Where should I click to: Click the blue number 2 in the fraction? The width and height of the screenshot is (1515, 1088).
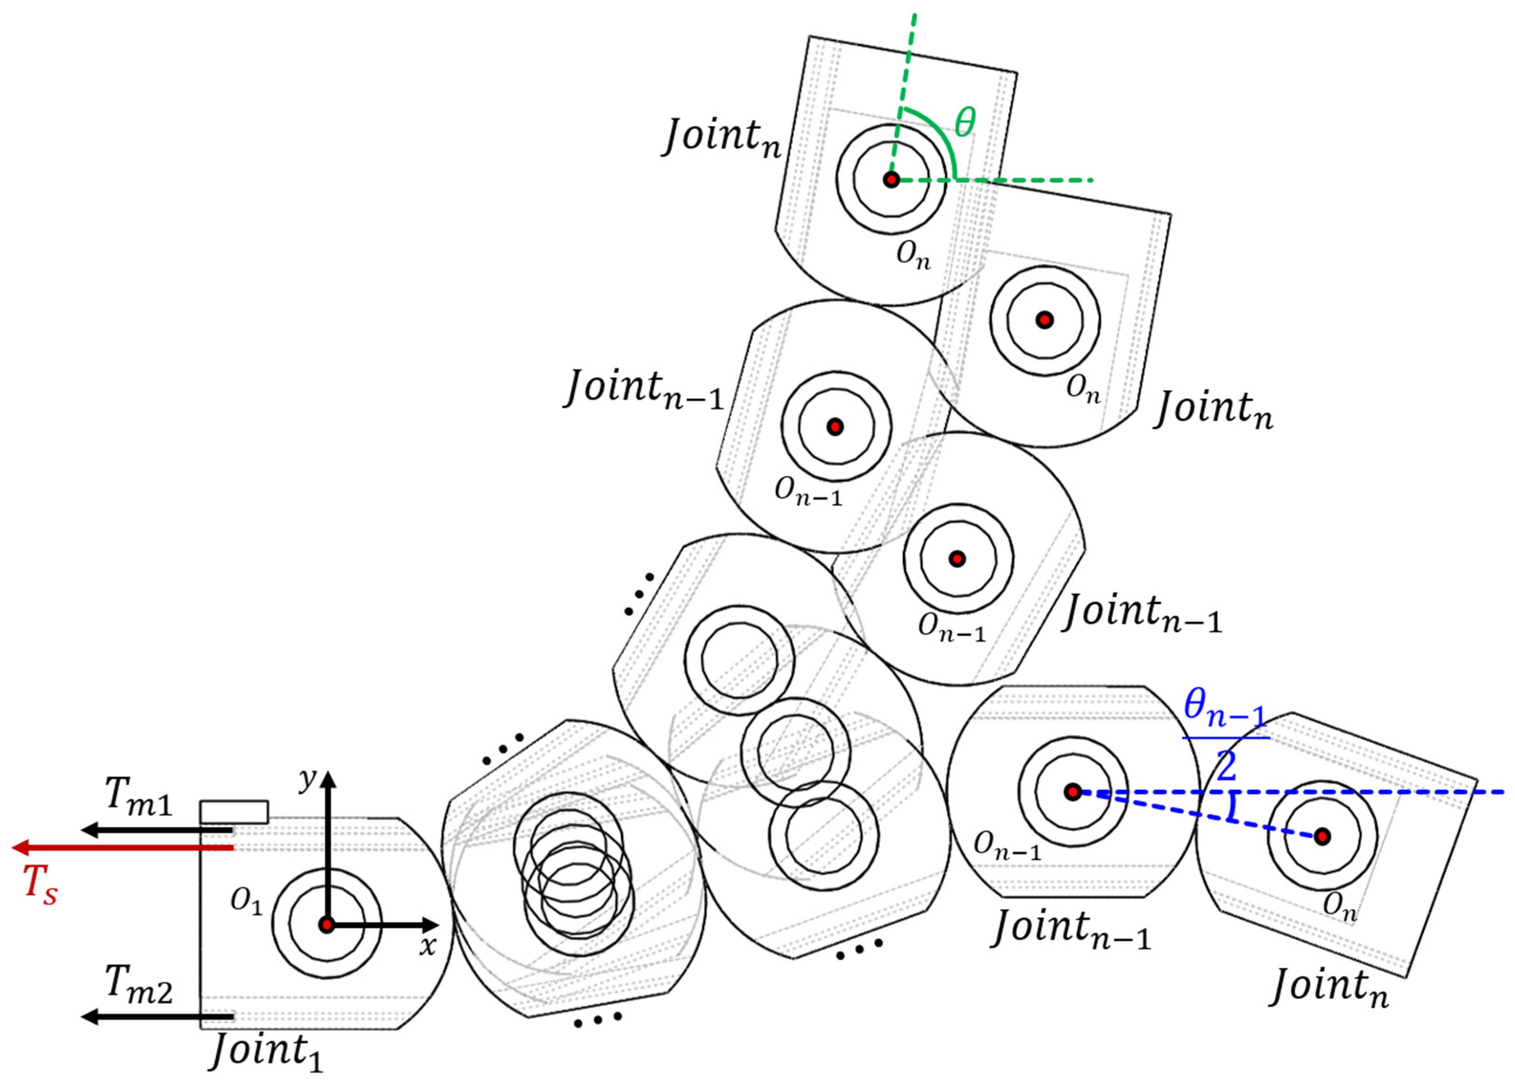tap(1226, 767)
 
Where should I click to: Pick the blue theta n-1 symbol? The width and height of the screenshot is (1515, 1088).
tap(1224, 709)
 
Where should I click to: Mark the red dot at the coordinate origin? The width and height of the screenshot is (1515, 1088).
tap(326, 925)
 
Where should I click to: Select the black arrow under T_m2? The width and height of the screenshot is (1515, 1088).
tap(157, 1017)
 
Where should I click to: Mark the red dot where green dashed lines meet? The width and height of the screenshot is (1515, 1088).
tap(891, 179)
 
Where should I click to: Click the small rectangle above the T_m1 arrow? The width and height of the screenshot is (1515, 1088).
tap(234, 812)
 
